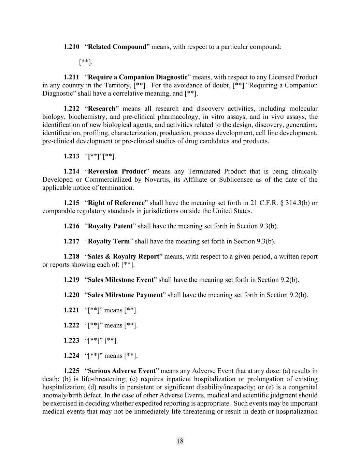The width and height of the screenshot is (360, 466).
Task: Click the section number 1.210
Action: [x=71, y=47]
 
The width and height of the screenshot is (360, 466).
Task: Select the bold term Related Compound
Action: [x=117, y=47]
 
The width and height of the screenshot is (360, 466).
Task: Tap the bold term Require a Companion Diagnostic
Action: [x=138, y=77]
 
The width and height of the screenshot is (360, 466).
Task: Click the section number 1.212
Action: [x=71, y=109]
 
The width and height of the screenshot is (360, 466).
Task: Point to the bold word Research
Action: [x=102, y=109]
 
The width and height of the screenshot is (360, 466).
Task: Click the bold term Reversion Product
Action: [x=117, y=171]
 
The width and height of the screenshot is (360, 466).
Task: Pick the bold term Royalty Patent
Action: [x=110, y=226]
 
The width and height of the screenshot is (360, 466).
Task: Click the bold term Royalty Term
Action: [x=109, y=241]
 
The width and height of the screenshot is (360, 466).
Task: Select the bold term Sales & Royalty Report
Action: [x=124, y=256]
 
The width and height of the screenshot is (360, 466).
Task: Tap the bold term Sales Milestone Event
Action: [x=121, y=280]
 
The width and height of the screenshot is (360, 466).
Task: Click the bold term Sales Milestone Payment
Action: [x=125, y=295]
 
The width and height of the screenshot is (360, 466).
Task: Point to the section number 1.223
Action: [x=71, y=340]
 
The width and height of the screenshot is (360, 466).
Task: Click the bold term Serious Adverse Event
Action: [x=121, y=371]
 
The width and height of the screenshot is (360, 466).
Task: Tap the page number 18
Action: [x=180, y=441]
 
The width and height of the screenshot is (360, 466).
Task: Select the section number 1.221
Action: [x=71, y=310]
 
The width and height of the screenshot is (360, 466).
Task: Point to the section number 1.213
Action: [x=71, y=156]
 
